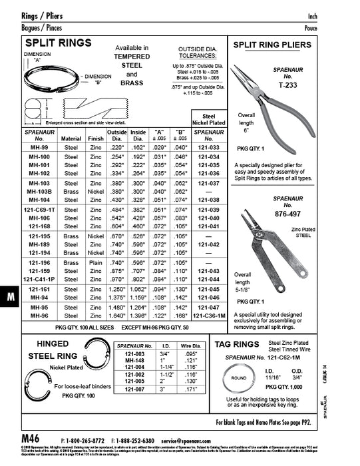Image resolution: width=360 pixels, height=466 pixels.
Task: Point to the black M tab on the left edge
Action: [x=10, y=298]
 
